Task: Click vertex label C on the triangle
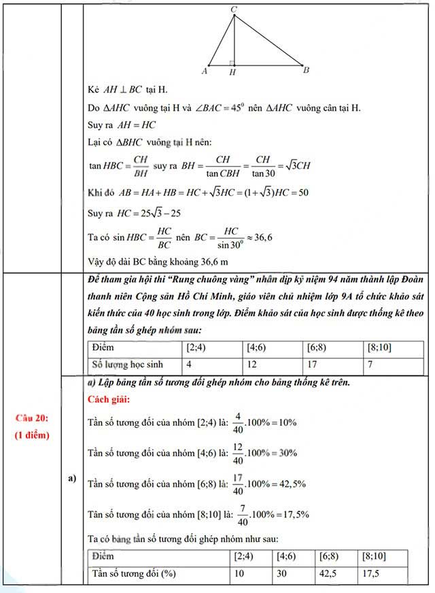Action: tap(234, 8)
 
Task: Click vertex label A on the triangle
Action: tap(205, 71)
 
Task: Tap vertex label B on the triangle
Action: tap(306, 70)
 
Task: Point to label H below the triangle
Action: tap(232, 72)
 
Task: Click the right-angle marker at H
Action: tap(232, 63)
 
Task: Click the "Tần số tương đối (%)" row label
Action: tap(133, 573)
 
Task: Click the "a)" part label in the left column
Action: tap(71, 479)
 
